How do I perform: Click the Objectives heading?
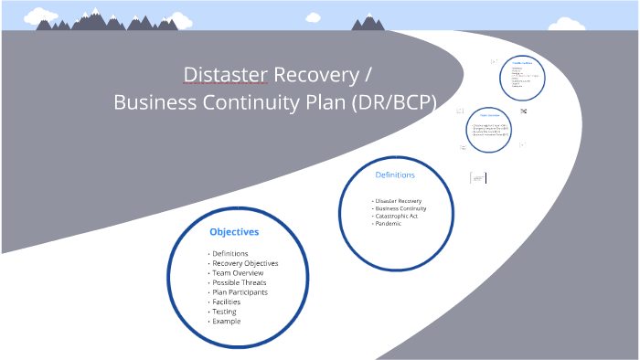234,232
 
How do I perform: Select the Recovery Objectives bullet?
245,263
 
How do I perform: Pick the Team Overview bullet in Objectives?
238,273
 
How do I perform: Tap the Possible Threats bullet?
240,282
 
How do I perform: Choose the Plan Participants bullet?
240,292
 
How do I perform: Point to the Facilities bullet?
227,302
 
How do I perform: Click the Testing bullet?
224,312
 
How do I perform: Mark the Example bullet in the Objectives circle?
226,321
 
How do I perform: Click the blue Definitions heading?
395,175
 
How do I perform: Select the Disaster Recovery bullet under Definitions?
399,201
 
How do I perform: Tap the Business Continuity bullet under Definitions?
401,208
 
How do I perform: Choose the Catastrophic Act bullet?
397,216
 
